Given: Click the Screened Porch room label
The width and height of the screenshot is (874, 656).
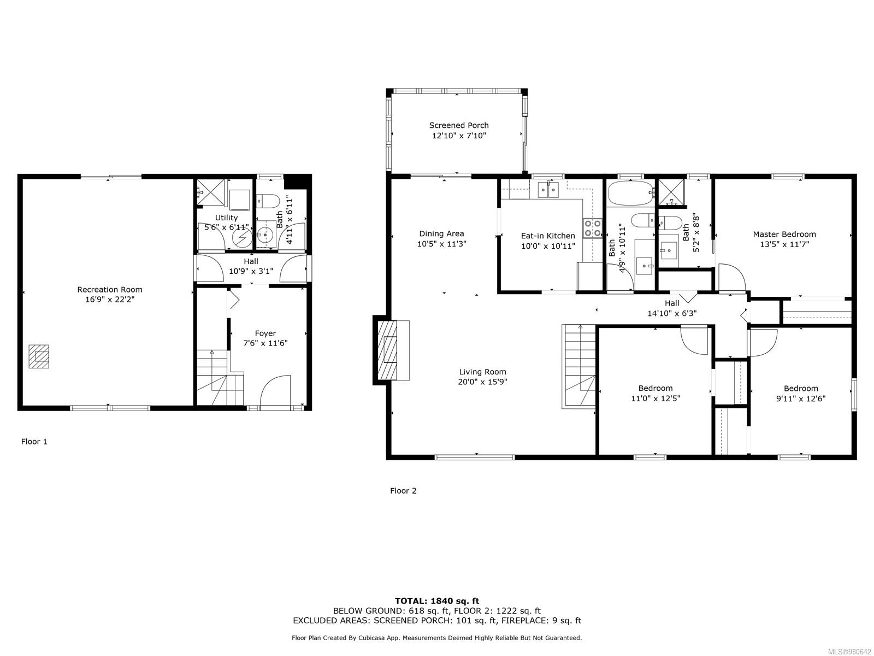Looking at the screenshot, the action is (459, 125).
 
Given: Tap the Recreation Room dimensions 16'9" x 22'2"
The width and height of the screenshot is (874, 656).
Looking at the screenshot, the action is (110, 300).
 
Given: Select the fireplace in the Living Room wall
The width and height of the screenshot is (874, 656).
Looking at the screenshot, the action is (391, 350).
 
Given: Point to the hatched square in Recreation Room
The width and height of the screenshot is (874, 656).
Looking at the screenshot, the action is (39, 356).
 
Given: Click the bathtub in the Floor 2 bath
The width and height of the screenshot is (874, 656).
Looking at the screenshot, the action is (630, 193).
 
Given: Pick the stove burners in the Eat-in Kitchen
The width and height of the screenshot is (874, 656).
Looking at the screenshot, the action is (593, 228).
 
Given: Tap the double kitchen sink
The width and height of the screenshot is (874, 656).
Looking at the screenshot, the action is (548, 190).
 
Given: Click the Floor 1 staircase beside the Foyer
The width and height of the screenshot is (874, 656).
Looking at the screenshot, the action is (220, 378).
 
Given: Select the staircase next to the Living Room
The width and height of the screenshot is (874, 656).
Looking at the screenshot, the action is (578, 366).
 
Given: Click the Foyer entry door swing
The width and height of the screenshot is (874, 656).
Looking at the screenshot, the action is (275, 390).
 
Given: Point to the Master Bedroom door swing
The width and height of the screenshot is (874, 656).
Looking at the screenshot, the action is (732, 277).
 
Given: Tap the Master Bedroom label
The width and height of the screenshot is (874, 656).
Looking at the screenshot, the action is (784, 234).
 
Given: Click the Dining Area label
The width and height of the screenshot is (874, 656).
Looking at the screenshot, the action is (441, 234).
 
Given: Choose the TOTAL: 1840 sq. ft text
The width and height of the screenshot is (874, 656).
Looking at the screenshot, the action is (437, 601).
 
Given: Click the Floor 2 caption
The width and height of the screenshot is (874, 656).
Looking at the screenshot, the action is (403, 491).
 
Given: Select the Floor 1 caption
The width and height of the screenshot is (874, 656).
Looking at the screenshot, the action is (34, 441).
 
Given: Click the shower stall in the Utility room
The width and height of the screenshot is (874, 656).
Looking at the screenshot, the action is (211, 192).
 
